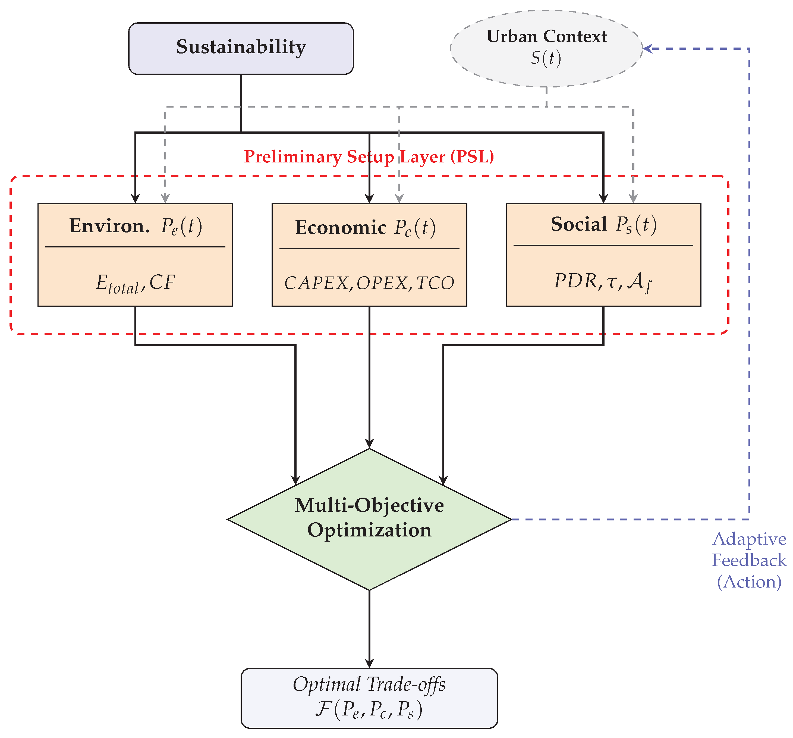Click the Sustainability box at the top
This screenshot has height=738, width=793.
pyautogui.click(x=241, y=48)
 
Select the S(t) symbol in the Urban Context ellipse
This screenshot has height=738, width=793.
pyautogui.click(x=546, y=58)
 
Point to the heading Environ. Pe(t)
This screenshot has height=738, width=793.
pyautogui.click(x=136, y=226)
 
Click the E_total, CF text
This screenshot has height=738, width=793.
pyautogui.click(x=136, y=283)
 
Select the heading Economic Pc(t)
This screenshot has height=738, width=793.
pyautogui.click(x=365, y=228)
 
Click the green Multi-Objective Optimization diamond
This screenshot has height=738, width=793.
pyautogui.click(x=369, y=519)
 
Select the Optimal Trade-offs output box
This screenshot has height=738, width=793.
pyautogui.click(x=369, y=698)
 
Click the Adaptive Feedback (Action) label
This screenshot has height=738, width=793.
pyautogui.click(x=749, y=560)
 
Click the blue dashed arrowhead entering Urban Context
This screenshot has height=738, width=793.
pyautogui.click(x=647, y=48)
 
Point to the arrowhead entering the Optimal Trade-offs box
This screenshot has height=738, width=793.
pyautogui.click(x=369, y=663)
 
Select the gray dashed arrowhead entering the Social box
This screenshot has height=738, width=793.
pyautogui.click(x=633, y=198)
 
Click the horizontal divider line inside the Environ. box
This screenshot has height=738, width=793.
pyautogui.click(x=136, y=247)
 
